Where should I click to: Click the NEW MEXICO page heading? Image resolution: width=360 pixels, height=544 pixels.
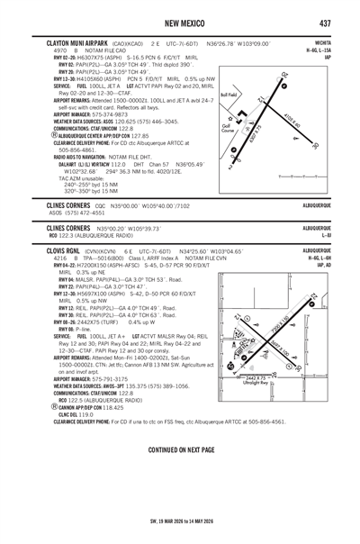179,23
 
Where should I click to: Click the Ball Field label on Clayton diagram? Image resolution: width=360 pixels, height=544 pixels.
230,93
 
